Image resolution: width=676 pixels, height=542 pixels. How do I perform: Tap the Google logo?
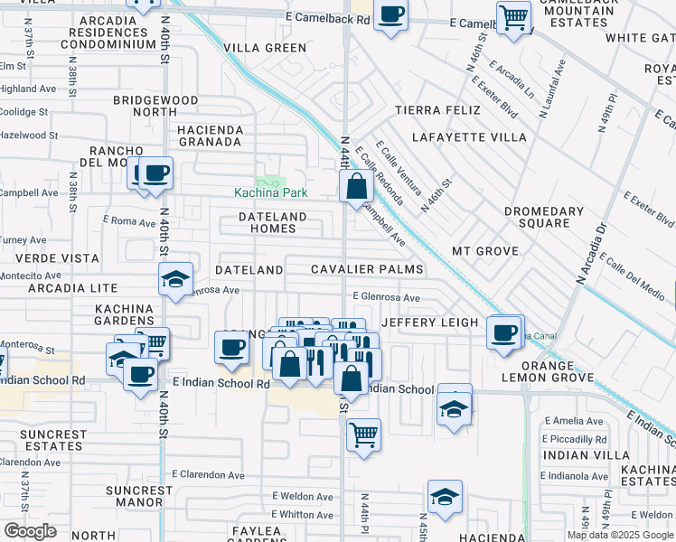point(29,531)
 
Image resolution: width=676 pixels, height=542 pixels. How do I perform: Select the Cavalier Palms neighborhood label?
point(367,270)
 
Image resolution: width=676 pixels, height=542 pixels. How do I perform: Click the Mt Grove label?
point(484,250)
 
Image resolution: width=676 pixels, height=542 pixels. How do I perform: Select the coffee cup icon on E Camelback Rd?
point(390,15)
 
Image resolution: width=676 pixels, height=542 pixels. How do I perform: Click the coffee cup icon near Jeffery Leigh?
point(503,332)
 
